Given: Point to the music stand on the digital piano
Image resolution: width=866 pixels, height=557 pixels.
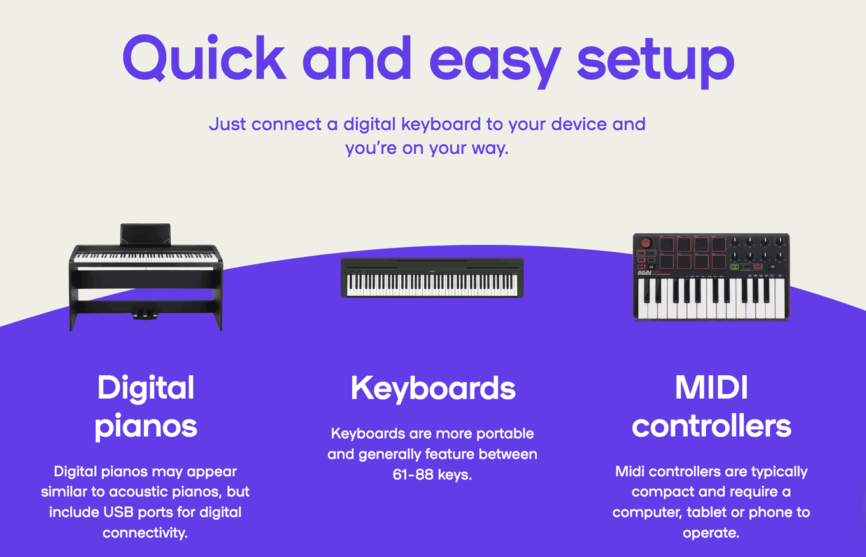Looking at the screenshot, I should [x=146, y=233].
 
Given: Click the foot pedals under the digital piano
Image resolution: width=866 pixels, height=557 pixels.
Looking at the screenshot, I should [x=146, y=312].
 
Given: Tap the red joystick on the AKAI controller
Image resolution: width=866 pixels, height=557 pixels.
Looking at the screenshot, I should [x=646, y=243].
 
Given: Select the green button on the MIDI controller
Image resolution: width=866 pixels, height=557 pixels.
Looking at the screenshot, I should [x=735, y=267].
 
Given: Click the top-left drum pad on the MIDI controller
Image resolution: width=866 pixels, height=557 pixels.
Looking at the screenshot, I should [x=667, y=244].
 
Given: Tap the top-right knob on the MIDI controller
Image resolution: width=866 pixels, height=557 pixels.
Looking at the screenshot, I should [x=780, y=242].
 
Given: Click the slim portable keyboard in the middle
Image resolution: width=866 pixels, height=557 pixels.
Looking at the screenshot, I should [x=432, y=278].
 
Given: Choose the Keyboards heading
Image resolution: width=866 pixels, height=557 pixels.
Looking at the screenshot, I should [x=433, y=388].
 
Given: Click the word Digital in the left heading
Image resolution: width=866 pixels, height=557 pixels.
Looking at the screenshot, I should [x=146, y=388].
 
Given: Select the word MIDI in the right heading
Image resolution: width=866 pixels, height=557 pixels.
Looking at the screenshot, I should [x=711, y=388].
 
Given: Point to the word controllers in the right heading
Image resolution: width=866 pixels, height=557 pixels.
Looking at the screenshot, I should [x=711, y=426].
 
